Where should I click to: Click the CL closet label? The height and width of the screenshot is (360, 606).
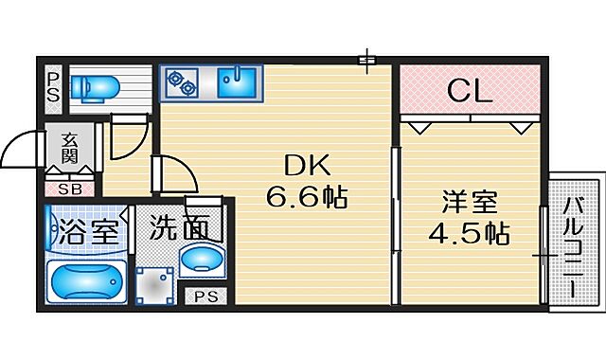point(468,92)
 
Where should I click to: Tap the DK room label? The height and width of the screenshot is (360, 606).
point(305,167)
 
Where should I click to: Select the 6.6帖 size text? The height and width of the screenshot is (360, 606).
point(306,198)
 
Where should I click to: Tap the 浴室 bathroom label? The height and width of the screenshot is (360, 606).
point(84,230)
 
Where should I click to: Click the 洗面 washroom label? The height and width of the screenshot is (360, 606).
point(178,229)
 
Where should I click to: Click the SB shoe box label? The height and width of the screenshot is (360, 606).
point(70,188)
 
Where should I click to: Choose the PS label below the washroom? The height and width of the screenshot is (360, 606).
point(204,297)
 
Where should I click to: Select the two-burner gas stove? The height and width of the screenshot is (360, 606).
point(181,83)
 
